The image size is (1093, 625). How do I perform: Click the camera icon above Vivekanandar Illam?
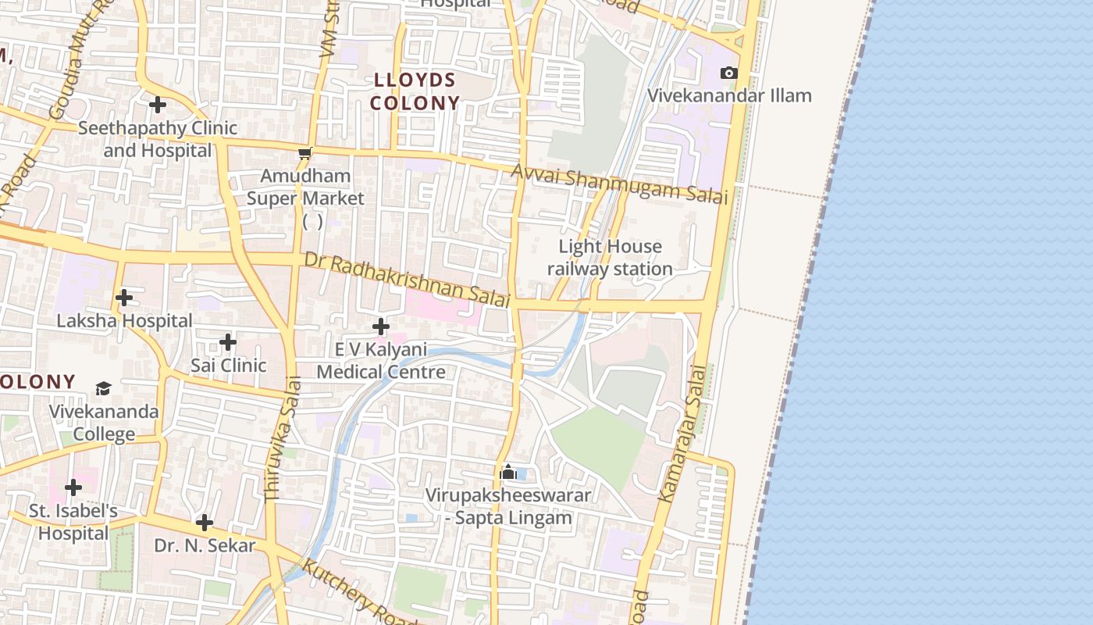[728, 73]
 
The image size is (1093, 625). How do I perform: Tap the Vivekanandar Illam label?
[730, 95]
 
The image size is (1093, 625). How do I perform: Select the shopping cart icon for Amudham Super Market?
[305, 153]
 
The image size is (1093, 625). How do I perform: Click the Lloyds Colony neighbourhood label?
[415, 91]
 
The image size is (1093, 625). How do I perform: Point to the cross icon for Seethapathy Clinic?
[158, 104]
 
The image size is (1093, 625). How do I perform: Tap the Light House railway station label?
[610, 258]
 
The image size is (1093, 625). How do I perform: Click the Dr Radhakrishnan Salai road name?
[407, 279]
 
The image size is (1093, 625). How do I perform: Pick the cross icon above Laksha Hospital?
[124, 298]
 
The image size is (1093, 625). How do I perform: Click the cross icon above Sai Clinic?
[228, 342]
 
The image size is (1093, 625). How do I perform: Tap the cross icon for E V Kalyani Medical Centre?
[381, 326]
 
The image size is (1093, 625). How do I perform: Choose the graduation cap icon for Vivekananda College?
[103, 388]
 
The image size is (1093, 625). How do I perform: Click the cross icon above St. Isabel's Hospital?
[73, 487]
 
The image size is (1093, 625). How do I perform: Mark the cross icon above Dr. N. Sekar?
[205, 522]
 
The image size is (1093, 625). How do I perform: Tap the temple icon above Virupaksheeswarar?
[508, 472]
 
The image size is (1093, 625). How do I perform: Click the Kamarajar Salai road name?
[682, 434]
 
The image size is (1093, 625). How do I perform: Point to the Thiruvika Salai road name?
[283, 438]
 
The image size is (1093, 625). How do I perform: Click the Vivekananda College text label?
[104, 423]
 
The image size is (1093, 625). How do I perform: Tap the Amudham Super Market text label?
[305, 187]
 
